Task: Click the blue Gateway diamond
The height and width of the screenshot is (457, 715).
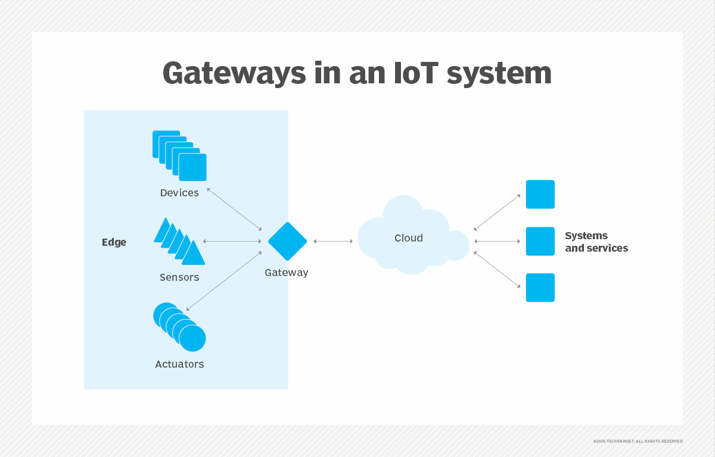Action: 287,241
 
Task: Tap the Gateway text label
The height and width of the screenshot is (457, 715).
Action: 287,273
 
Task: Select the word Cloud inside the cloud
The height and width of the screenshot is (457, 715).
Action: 409,238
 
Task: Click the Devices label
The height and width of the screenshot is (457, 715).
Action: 179,193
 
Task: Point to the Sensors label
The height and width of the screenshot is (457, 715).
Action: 179,277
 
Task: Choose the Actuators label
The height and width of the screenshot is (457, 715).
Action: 179,364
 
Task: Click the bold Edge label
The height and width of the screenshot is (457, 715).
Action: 114,242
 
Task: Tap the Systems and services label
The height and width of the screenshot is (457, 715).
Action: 596,242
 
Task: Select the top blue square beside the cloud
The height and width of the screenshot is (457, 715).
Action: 540,194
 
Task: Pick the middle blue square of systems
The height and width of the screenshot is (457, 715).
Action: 540,241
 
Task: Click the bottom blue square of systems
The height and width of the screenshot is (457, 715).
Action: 540,287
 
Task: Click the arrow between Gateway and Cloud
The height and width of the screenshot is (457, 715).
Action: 333,241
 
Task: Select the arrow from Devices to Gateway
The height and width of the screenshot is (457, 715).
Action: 234,209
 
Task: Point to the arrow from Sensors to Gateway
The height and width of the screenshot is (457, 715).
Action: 232,241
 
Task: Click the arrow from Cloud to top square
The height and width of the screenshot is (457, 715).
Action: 497,212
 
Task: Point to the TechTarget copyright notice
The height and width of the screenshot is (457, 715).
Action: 638,441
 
